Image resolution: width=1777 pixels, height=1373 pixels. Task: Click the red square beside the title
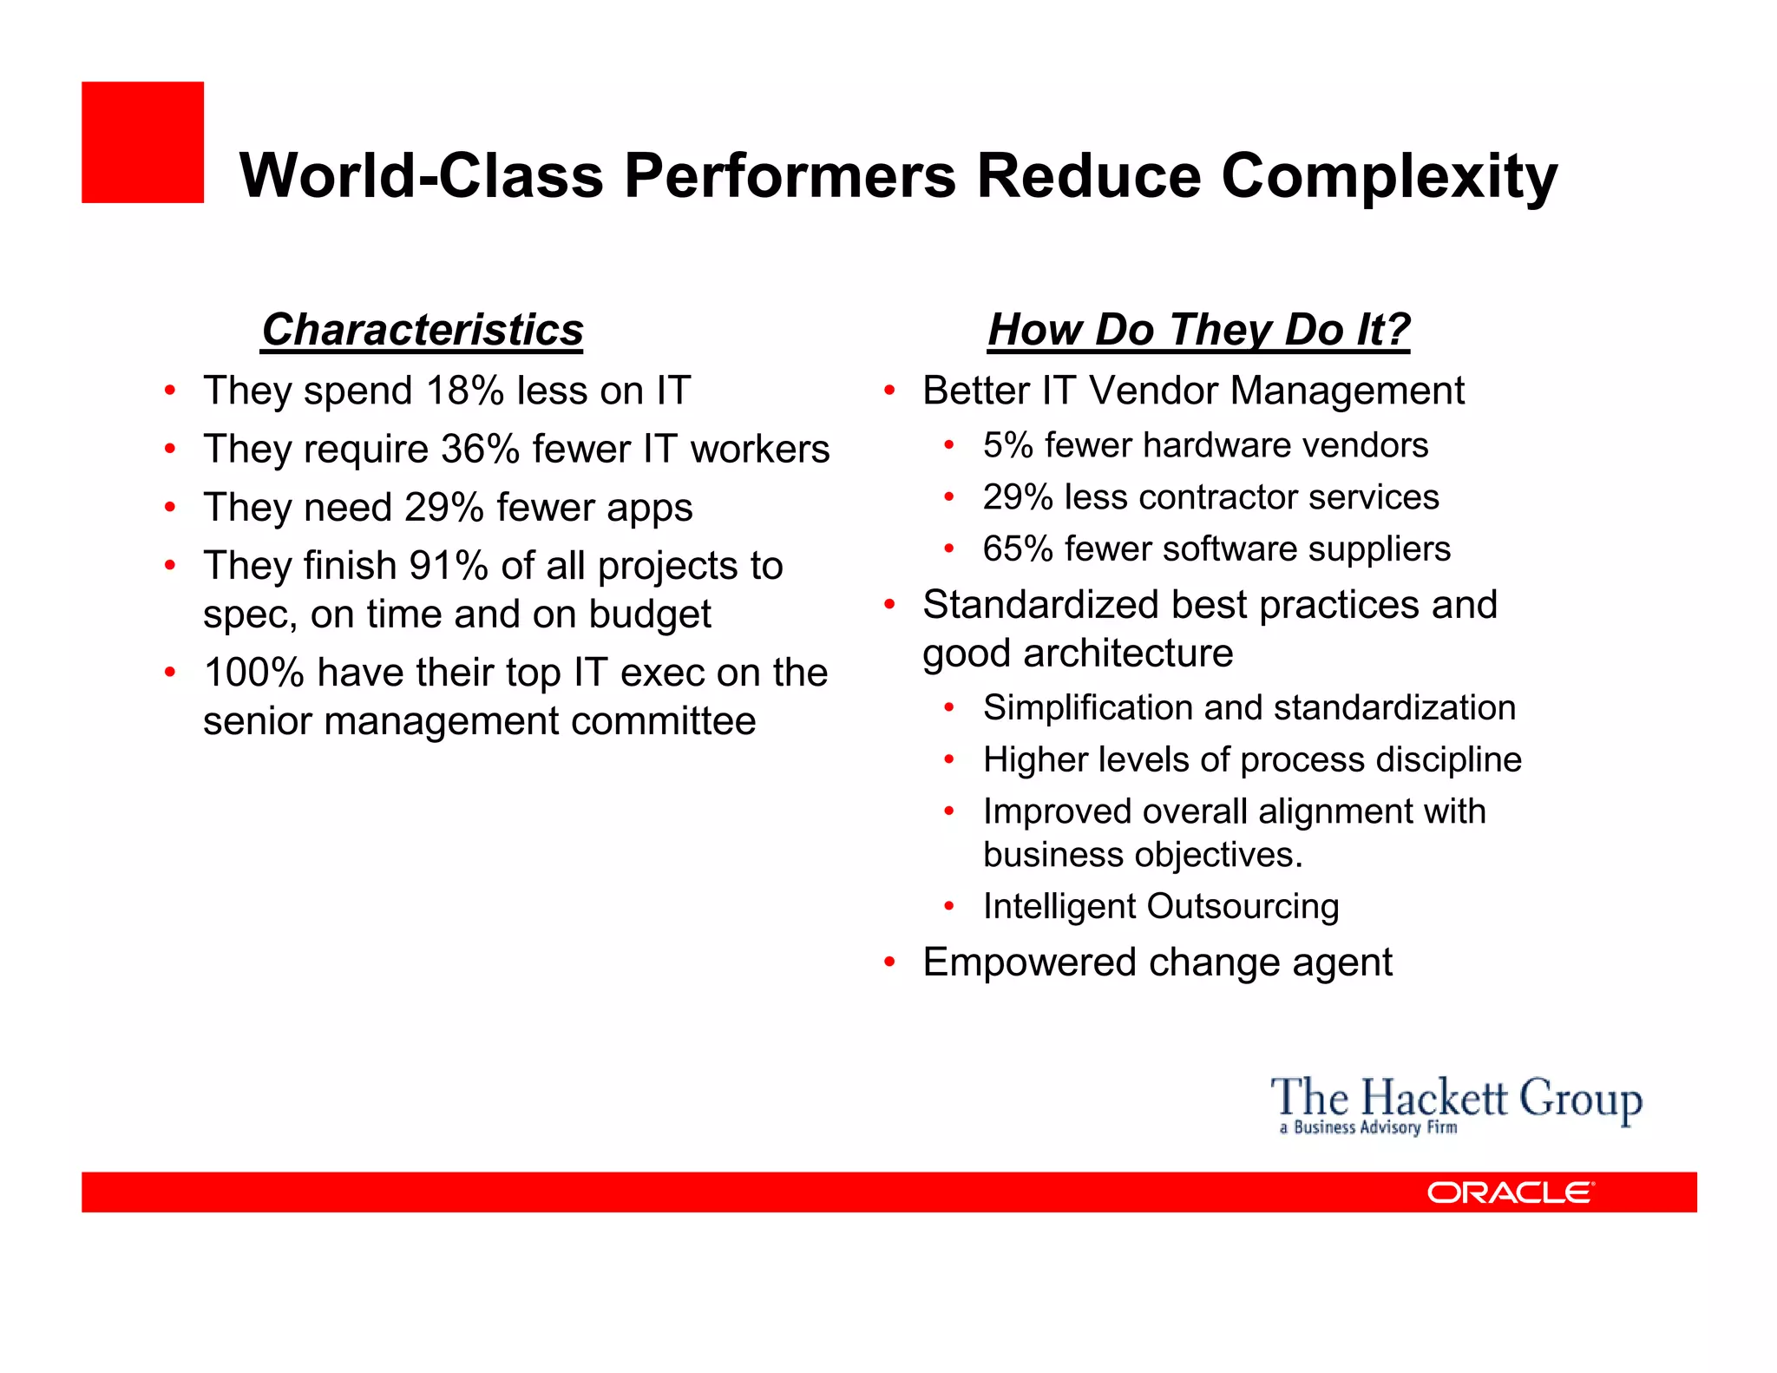tap(142, 142)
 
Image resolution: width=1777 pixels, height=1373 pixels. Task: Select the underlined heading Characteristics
tap(423, 331)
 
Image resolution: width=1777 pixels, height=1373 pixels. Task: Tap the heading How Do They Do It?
tap(1198, 331)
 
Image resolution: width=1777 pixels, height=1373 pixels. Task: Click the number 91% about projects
tap(449, 566)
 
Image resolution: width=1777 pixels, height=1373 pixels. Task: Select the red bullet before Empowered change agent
tap(889, 962)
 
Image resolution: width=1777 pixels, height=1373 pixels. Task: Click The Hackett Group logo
tap(1455, 1103)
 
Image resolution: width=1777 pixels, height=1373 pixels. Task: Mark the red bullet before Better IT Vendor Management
tap(889, 391)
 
